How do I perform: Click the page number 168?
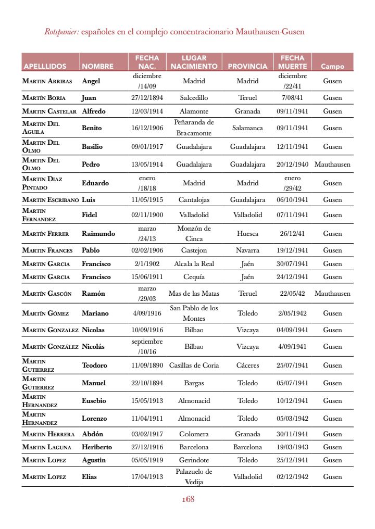(x=187, y=499)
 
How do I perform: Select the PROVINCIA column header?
(x=247, y=67)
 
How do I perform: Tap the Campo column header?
(x=332, y=67)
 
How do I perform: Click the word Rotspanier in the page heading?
(x=61, y=32)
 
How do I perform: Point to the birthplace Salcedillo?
(x=194, y=97)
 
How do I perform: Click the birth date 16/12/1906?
(x=147, y=128)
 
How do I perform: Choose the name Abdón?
(x=93, y=434)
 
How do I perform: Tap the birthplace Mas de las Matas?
(x=194, y=293)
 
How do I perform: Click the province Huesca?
(x=247, y=234)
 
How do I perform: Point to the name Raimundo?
(x=98, y=234)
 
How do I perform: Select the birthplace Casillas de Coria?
(x=194, y=365)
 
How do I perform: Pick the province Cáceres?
(x=247, y=365)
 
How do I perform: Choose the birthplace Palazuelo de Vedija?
(x=194, y=476)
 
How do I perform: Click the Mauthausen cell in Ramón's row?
(x=332, y=293)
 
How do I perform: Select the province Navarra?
(x=247, y=250)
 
